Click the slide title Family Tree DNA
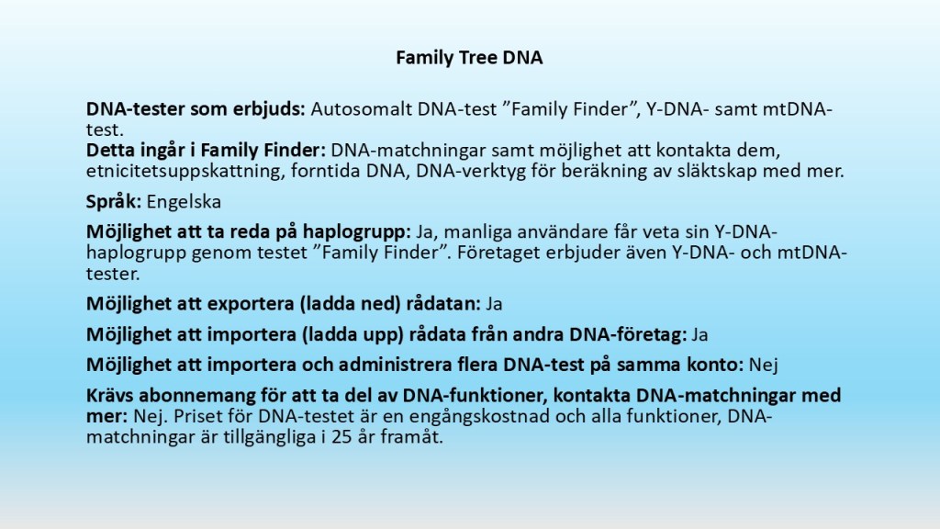469,58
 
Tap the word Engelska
184,202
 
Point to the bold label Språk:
114,202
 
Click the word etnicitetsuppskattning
183,172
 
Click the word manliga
476,232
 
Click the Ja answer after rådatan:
494,304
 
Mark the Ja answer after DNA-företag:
699,334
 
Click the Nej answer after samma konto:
763,366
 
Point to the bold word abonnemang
197,396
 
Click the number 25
341,436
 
